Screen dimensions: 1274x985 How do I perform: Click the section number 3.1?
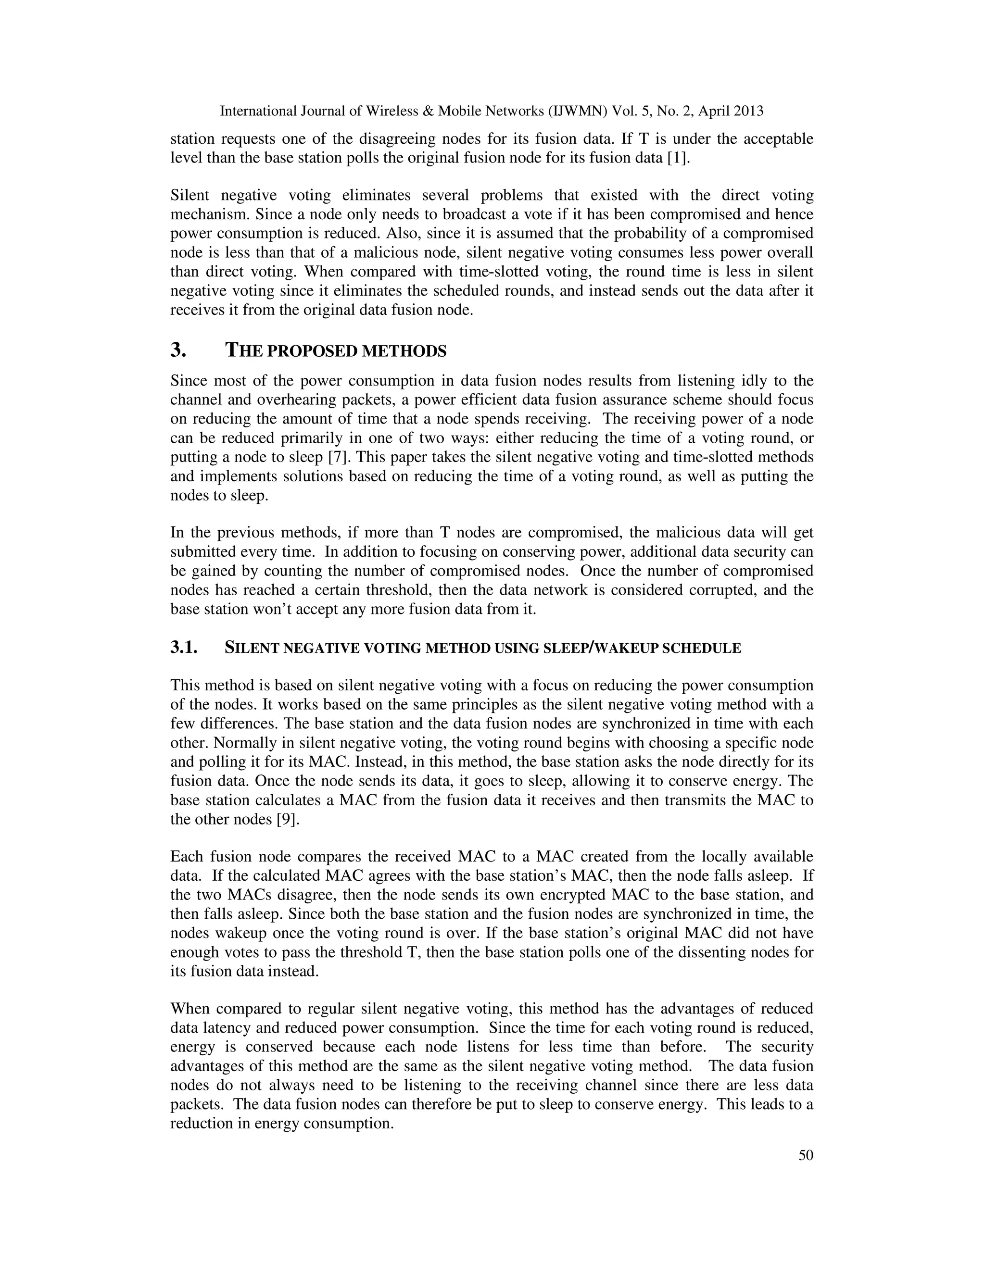184,648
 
